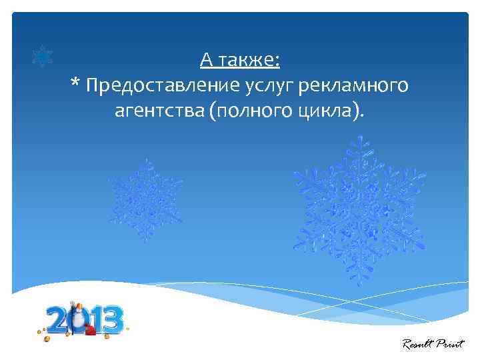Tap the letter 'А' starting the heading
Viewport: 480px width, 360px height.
pyautogui.click(x=207, y=61)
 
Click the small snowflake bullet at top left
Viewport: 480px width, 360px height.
pyautogui.click(x=43, y=57)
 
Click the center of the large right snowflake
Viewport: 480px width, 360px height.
pyautogui.click(x=359, y=210)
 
